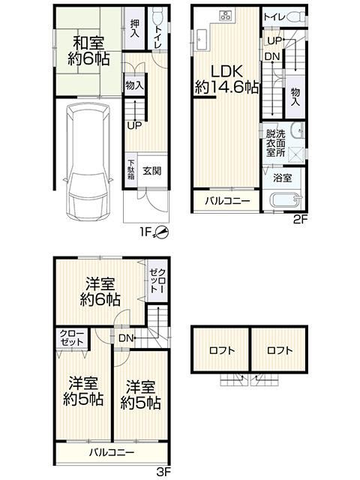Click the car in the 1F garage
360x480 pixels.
click(x=88, y=162)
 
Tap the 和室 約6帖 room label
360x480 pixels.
click(x=88, y=51)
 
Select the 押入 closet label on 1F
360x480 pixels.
click(x=134, y=28)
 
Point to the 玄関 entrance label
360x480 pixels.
click(x=152, y=171)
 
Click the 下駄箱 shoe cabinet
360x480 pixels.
click(x=131, y=170)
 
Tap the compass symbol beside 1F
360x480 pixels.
click(x=161, y=232)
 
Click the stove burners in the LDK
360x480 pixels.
click(x=226, y=15)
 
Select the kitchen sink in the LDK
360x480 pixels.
click(x=201, y=40)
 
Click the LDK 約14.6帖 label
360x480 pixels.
click(x=226, y=79)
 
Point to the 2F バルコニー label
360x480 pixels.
click(x=227, y=201)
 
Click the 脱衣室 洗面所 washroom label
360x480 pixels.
click(x=275, y=143)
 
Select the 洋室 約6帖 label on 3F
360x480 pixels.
click(x=100, y=292)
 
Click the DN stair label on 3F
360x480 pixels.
click(x=126, y=338)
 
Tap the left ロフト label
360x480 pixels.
click(x=222, y=350)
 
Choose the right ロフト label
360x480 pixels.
click(x=280, y=350)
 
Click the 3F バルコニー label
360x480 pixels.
click(x=112, y=452)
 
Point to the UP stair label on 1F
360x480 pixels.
click(x=134, y=125)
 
